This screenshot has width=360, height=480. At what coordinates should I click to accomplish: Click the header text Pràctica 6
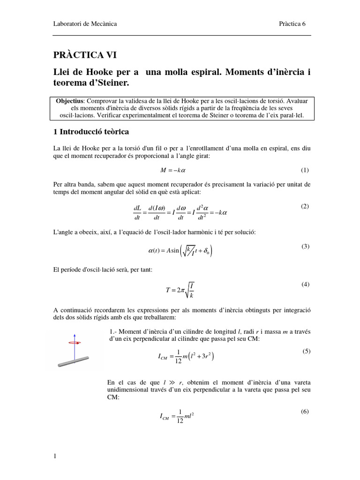tap(292, 24)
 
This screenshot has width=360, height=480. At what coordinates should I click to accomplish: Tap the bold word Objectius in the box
tap(69, 101)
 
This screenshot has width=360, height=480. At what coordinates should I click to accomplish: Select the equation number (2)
tap(305, 206)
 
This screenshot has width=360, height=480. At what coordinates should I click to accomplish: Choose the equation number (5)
tap(307, 351)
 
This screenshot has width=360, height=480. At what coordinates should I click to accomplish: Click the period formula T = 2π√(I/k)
tap(180, 289)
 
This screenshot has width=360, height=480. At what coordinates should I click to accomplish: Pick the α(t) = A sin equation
tap(180, 251)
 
